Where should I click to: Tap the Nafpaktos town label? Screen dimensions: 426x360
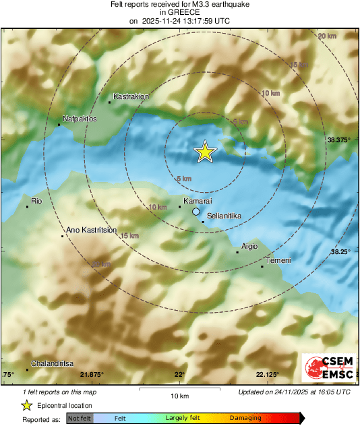pyautogui.click(x=80, y=119)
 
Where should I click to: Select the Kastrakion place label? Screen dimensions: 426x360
pyautogui.click(x=131, y=97)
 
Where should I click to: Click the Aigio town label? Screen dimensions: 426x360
pyautogui.click(x=249, y=247)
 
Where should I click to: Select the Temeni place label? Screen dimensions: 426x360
pyautogui.click(x=278, y=261)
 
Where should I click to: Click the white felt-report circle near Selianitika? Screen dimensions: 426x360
pyautogui.click(x=196, y=212)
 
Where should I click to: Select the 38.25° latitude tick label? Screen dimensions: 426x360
pyautogui.click(x=341, y=251)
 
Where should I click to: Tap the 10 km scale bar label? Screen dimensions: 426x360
pyautogui.click(x=179, y=395)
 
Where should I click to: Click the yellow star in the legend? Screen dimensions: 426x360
pyautogui.click(x=26, y=405)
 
